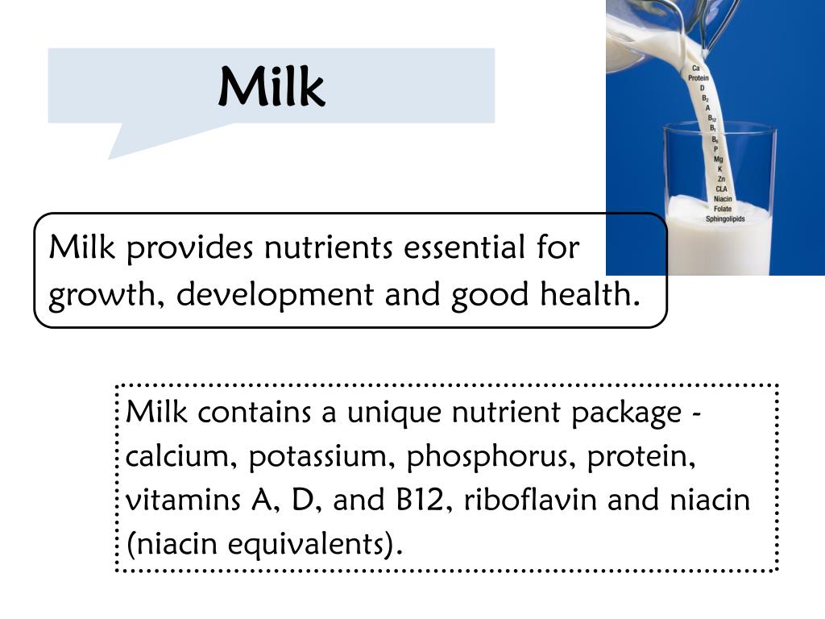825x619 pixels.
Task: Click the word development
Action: coord(274,296)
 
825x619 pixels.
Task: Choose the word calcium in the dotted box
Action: coord(180,457)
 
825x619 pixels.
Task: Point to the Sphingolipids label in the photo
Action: coord(725,218)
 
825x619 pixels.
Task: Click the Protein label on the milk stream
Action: coord(699,78)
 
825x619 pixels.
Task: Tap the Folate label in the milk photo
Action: coord(723,209)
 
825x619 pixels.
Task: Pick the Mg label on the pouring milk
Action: coord(718,159)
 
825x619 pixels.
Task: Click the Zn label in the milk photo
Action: coord(720,179)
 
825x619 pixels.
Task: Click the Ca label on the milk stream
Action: coord(696,69)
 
